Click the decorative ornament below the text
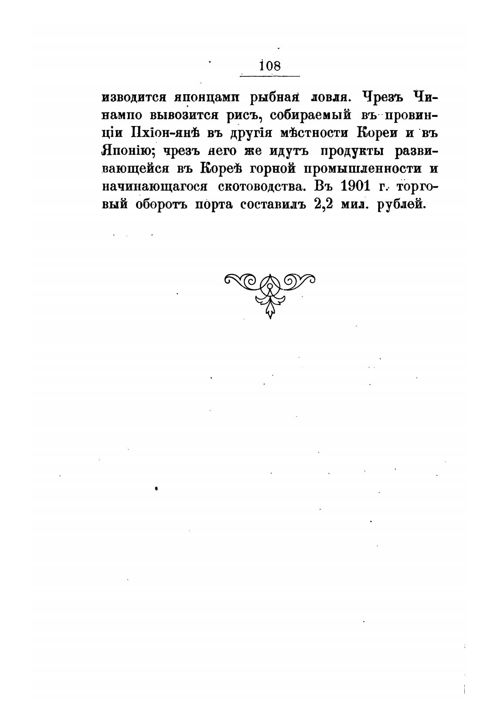coord(270,290)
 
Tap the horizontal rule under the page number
coord(270,76)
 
